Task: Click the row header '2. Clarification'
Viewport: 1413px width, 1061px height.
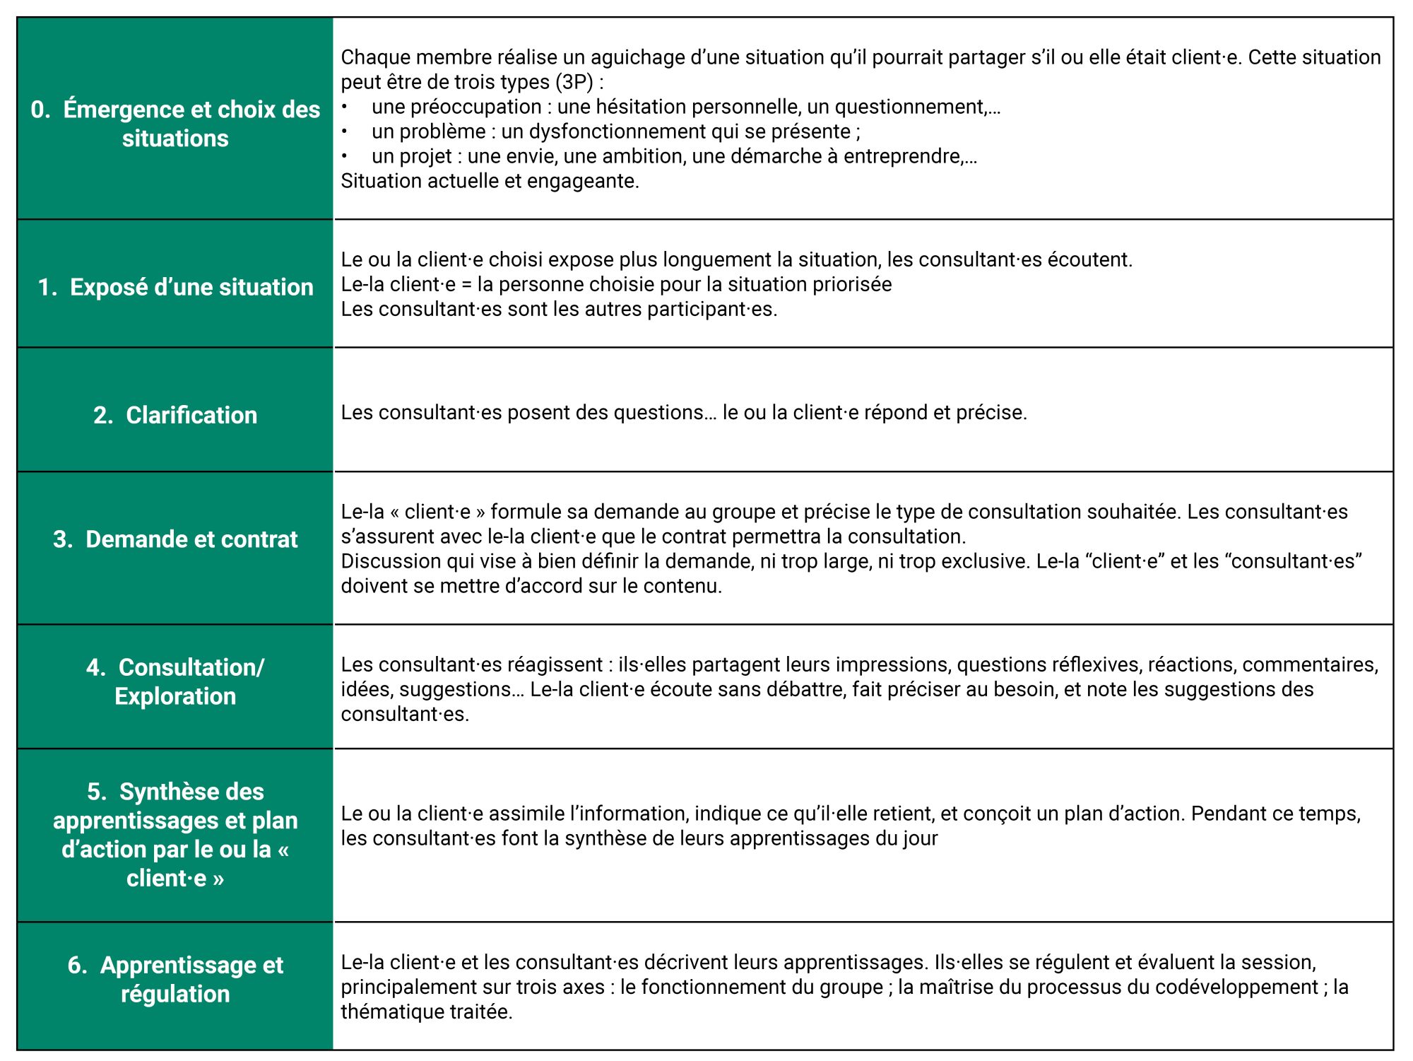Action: click(x=175, y=415)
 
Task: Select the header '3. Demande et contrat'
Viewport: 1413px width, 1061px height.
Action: click(x=175, y=539)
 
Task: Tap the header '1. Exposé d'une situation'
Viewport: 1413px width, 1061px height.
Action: click(x=175, y=287)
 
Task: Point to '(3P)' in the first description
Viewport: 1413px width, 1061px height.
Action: click(x=574, y=82)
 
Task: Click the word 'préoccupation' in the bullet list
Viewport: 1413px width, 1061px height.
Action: click(x=480, y=107)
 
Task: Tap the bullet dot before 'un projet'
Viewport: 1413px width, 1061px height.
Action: click(x=344, y=156)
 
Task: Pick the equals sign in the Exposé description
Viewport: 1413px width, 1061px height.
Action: click(x=466, y=284)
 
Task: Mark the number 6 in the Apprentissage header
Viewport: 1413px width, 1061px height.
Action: click(x=75, y=965)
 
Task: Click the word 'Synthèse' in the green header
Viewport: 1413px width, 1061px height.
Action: click(x=191, y=792)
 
